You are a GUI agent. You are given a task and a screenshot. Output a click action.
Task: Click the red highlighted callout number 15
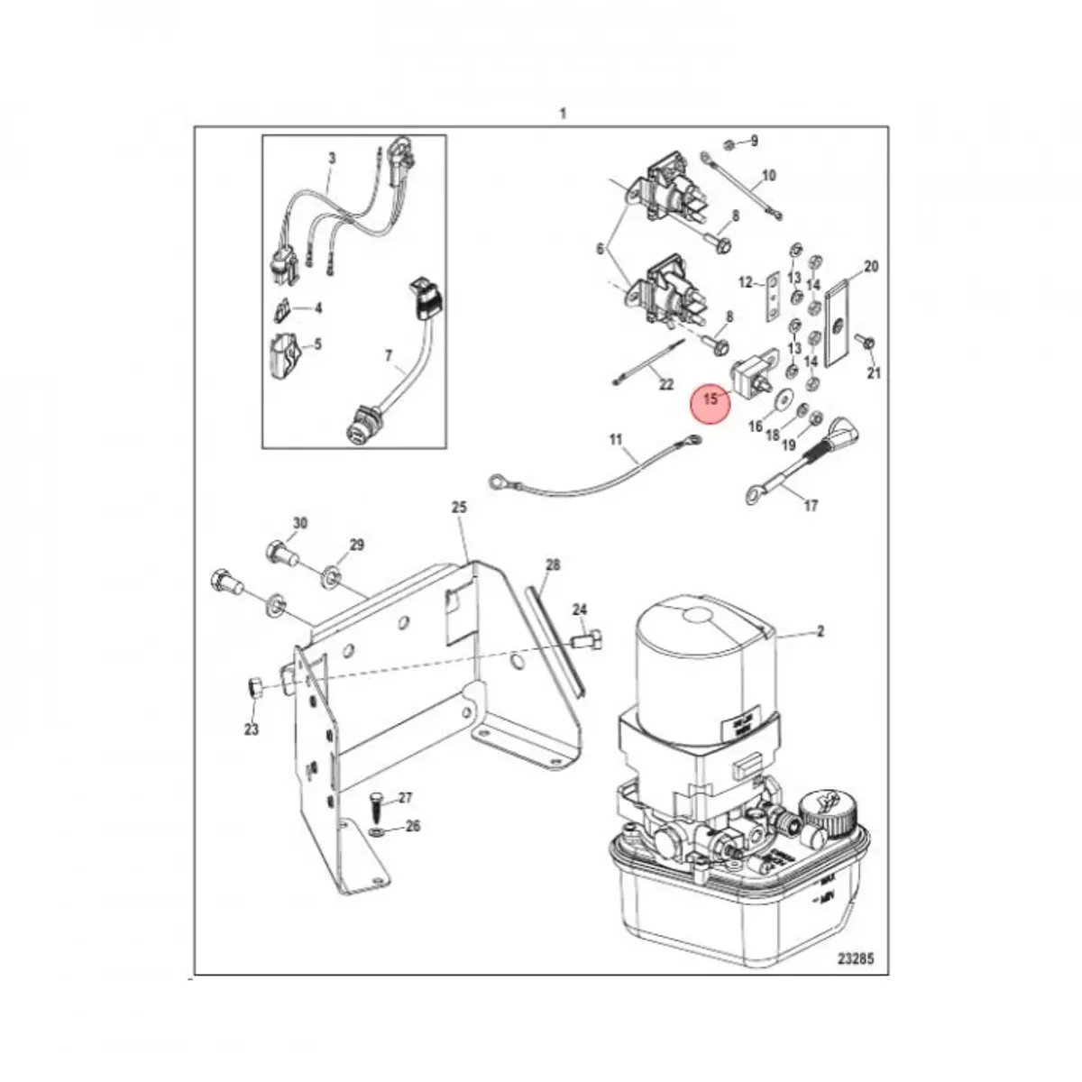click(711, 398)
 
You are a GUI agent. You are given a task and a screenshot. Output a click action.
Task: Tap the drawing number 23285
click(850, 959)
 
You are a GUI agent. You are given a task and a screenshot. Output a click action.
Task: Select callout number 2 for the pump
click(820, 632)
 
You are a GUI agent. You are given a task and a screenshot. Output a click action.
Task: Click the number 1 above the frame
click(563, 114)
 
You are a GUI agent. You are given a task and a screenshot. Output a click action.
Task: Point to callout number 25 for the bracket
click(458, 508)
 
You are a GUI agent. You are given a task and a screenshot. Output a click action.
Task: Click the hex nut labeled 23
click(253, 689)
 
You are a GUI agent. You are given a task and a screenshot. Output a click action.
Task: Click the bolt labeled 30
click(280, 551)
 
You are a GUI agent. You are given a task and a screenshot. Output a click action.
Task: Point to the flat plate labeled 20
click(839, 321)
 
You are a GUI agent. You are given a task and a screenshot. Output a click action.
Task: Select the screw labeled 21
click(868, 343)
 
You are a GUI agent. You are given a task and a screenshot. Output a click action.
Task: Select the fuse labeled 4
click(280, 309)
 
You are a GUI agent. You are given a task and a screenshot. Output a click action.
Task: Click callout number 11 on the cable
click(615, 440)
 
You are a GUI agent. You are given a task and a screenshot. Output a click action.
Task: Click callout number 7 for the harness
click(389, 357)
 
